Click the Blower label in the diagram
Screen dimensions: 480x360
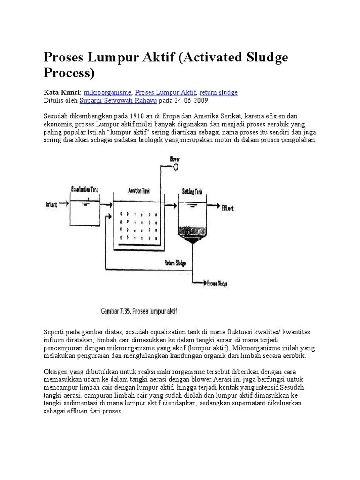[x=174, y=159]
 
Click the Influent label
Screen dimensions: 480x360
[x=52, y=204]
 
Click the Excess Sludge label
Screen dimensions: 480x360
[x=217, y=284]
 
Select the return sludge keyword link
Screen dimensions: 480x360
[x=218, y=93]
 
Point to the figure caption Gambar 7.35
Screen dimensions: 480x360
[x=139, y=311]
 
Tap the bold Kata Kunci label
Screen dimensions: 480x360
[x=62, y=93]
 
